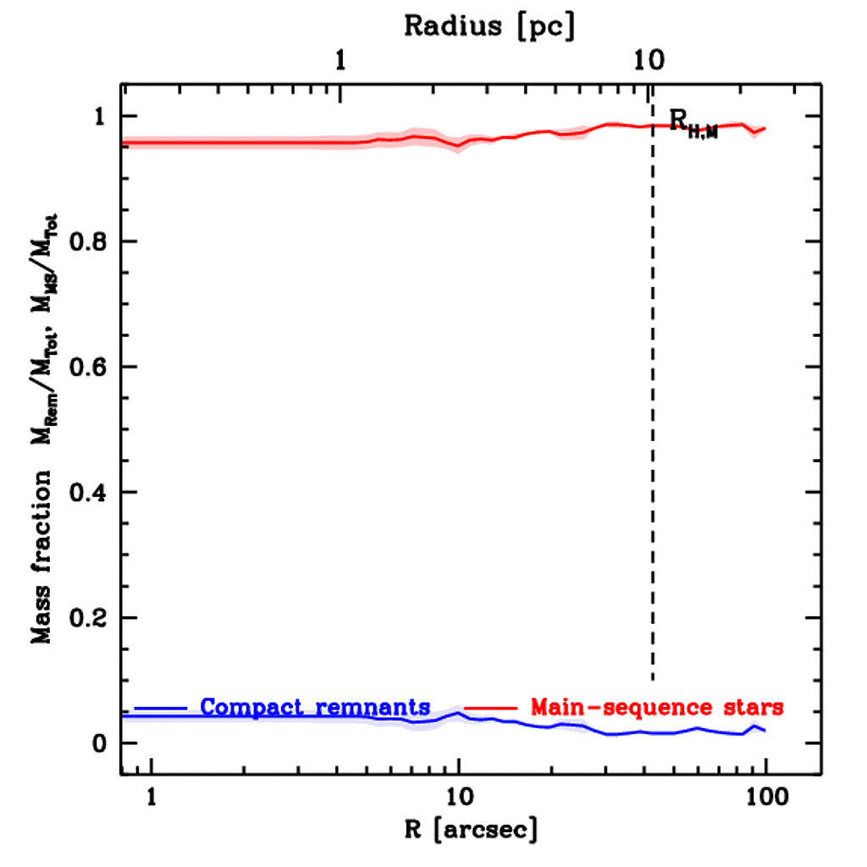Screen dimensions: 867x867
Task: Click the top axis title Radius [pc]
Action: click(489, 25)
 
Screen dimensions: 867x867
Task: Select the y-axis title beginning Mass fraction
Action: click(43, 416)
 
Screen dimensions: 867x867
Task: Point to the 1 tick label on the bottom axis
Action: click(152, 797)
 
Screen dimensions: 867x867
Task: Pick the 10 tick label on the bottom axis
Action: click(458, 797)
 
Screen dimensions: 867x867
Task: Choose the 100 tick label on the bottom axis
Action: click(765, 797)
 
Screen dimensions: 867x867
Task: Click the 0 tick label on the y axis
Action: click(100, 744)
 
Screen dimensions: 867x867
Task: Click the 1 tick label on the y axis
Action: click(100, 117)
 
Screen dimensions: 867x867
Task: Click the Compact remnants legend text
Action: click(316, 706)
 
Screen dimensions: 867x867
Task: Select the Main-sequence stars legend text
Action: click(657, 706)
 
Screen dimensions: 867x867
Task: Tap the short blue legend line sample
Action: click(161, 706)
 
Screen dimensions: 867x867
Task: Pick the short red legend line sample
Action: click(490, 706)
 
